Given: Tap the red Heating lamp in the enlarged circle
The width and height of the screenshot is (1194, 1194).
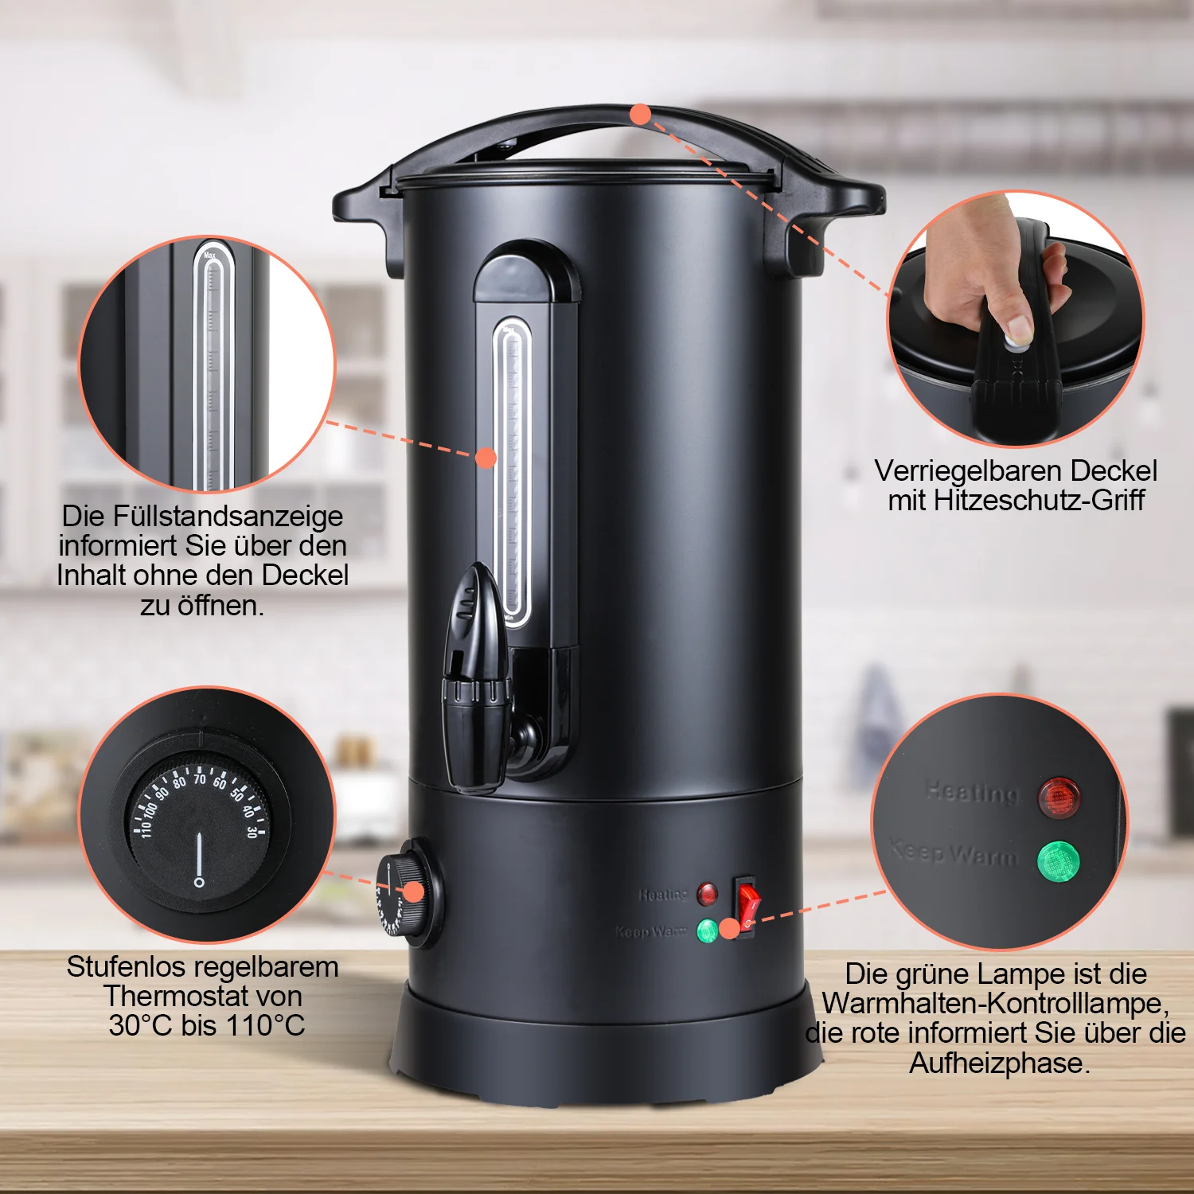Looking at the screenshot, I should tap(1059, 797).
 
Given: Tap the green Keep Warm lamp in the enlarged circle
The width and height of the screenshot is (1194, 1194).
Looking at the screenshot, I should tap(1059, 860).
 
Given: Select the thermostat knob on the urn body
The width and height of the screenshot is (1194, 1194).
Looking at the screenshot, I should tap(410, 892).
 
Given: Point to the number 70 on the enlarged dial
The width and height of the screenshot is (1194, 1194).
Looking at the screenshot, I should tap(199, 778).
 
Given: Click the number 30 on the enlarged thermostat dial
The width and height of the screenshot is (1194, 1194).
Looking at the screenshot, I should tap(252, 832).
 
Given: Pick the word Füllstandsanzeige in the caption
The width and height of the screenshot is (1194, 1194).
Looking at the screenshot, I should tap(228, 516).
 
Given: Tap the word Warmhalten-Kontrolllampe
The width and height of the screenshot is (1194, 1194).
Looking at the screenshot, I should tap(995, 1003).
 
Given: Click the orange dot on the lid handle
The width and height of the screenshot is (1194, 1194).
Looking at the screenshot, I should tap(640, 115).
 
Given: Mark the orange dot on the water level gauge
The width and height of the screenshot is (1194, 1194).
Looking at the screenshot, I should tap(486, 458).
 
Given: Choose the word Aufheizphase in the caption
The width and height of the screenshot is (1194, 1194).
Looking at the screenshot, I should tap(999, 1063).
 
